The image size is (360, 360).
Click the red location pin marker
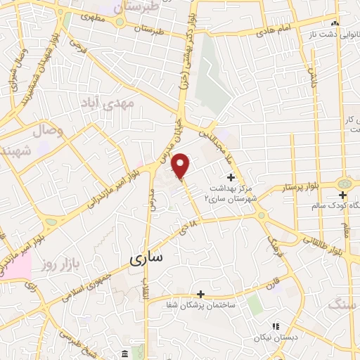(x=181, y=166)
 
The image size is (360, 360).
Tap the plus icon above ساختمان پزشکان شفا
(x=201, y=293)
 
